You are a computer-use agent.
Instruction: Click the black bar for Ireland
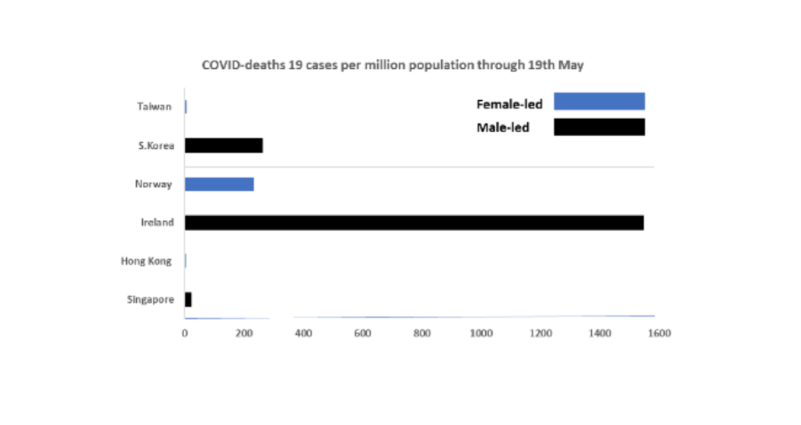pyautogui.click(x=414, y=223)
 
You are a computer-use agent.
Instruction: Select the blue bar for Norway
pyautogui.click(x=219, y=184)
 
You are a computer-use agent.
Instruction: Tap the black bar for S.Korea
pyautogui.click(x=224, y=146)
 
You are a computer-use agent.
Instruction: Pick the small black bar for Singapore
pyautogui.click(x=188, y=300)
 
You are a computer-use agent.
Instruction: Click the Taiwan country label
pyautogui.click(x=154, y=106)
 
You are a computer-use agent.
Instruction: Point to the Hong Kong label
pyautogui.click(x=146, y=261)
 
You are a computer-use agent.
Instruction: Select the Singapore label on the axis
pyautogui.click(x=150, y=300)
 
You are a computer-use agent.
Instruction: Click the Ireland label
pyautogui.click(x=157, y=223)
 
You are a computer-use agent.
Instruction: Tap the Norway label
pyautogui.click(x=153, y=184)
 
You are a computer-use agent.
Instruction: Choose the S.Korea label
pyautogui.click(x=152, y=146)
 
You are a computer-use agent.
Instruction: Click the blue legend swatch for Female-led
pyautogui.click(x=599, y=102)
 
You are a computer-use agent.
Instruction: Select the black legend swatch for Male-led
pyautogui.click(x=599, y=127)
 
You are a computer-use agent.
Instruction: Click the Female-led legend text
pyautogui.click(x=509, y=104)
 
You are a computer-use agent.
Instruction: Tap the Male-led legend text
pyautogui.click(x=503, y=127)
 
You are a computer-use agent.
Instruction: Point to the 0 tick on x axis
pyautogui.click(x=185, y=333)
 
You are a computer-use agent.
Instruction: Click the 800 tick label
pyautogui.click(x=422, y=333)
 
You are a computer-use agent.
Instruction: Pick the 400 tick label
pyautogui.click(x=303, y=333)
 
